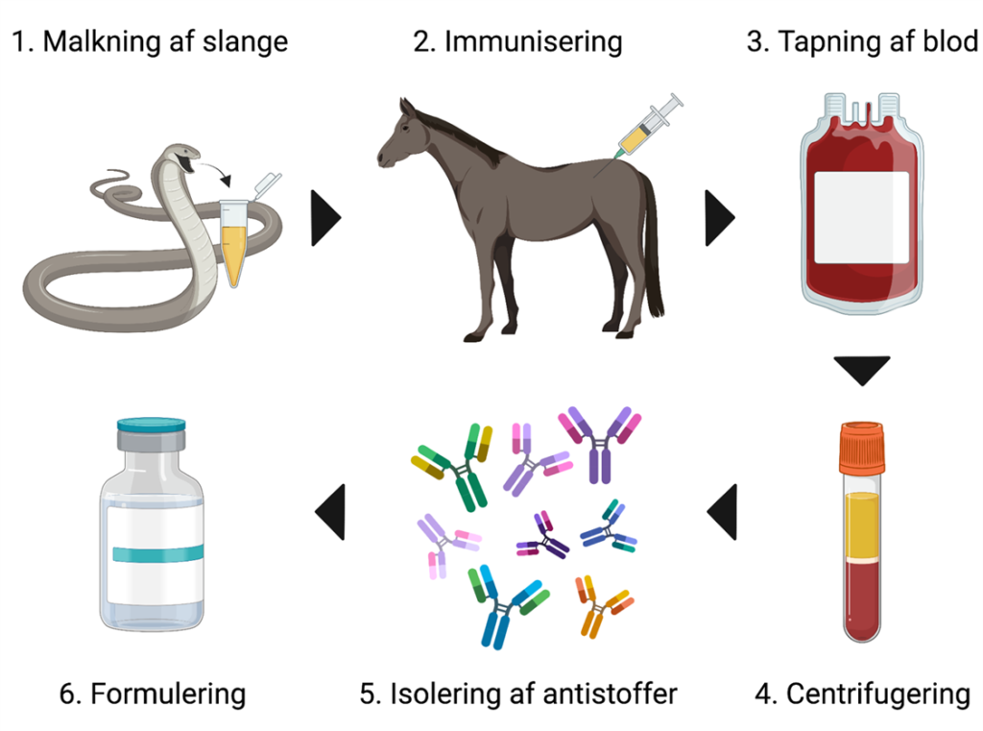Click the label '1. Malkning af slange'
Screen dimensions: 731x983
150,43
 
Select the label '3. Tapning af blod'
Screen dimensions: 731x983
862,43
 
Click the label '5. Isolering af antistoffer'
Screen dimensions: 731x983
519,694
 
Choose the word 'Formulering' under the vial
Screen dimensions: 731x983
168,694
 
